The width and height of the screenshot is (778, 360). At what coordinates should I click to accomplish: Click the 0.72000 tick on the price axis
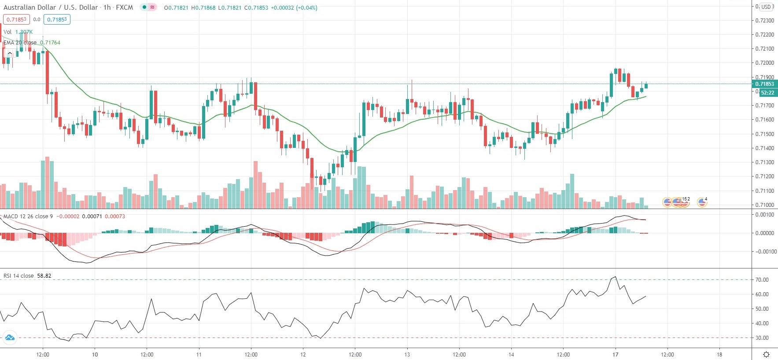(x=764, y=63)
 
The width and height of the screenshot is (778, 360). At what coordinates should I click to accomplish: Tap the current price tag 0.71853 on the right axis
(x=764, y=84)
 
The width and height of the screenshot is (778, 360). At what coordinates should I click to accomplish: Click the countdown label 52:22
(x=767, y=93)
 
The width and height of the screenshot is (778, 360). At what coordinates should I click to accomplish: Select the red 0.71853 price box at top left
(x=16, y=19)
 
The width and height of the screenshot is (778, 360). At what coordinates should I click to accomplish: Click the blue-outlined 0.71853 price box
(x=57, y=19)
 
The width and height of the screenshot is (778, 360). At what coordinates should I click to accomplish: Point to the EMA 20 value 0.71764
(x=50, y=43)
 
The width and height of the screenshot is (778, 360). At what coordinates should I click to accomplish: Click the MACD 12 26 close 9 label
(x=28, y=217)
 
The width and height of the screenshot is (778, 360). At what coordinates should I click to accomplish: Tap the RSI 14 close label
(x=18, y=276)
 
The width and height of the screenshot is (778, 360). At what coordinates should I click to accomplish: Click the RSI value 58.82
(x=44, y=276)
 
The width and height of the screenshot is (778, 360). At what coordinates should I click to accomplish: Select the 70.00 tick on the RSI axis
(x=762, y=280)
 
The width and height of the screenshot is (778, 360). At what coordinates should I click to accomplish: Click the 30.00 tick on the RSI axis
(x=762, y=338)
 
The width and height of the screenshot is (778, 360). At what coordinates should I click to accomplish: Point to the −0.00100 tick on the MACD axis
(x=766, y=252)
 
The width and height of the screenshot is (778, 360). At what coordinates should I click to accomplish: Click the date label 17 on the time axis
(x=615, y=355)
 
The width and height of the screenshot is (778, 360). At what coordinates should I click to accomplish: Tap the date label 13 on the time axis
(x=407, y=355)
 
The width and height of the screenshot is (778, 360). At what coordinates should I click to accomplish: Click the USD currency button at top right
(x=767, y=7)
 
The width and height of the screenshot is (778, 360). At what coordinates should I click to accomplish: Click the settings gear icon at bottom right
(x=766, y=355)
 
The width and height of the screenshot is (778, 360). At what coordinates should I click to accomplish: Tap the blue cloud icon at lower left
(x=9, y=338)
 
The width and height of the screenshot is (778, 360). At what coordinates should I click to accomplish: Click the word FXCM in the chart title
(x=124, y=7)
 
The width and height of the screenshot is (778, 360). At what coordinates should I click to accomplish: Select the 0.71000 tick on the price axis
(x=764, y=205)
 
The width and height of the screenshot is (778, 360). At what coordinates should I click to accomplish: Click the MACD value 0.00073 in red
(x=114, y=217)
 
